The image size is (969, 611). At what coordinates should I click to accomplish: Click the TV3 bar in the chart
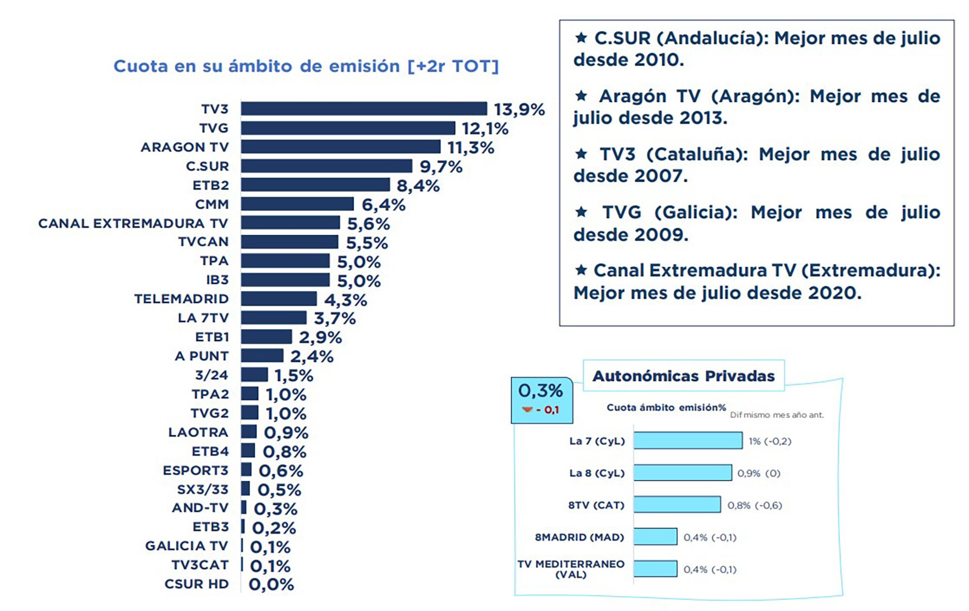[363, 108]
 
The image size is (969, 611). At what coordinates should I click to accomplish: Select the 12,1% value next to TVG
[484, 128]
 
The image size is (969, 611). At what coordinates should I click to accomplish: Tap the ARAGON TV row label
[185, 147]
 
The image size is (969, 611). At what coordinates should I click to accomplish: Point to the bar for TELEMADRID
[279, 299]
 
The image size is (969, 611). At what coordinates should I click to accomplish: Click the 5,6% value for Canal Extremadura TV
[368, 224]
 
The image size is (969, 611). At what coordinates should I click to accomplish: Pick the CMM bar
[297, 204]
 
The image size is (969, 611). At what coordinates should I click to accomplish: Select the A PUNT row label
[202, 356]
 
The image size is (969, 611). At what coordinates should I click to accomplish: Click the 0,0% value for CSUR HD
[271, 584]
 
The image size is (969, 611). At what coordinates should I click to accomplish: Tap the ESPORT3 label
[195, 470]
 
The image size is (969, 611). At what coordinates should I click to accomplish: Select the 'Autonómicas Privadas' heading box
[683, 376]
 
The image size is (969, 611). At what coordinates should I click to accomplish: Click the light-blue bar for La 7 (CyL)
[688, 441]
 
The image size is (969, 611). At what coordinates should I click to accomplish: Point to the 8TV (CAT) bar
[676, 504]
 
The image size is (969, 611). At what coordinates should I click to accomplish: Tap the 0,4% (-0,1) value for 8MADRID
[710, 537]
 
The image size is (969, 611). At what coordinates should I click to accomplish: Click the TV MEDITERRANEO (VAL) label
[571, 569]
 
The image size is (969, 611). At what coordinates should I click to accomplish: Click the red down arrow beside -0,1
[527, 410]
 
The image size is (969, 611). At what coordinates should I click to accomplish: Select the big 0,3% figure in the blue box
[540, 390]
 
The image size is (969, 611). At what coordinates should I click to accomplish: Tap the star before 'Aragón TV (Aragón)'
[581, 96]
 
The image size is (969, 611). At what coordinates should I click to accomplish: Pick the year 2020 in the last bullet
[831, 293]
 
